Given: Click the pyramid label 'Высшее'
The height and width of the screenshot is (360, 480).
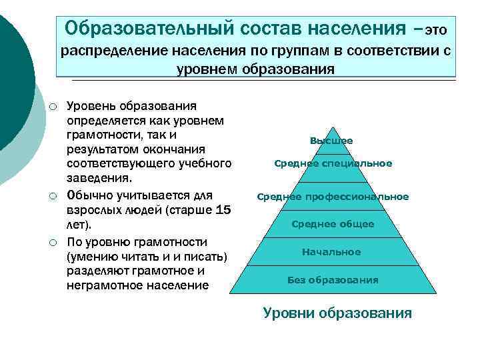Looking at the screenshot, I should click(x=331, y=141).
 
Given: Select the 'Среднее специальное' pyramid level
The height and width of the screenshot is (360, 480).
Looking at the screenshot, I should click(x=333, y=163).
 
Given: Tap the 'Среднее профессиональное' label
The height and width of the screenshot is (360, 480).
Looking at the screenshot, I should click(x=333, y=197).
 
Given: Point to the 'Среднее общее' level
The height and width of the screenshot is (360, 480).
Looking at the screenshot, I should click(x=333, y=224).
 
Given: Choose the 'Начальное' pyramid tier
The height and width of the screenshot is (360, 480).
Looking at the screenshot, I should click(x=331, y=252).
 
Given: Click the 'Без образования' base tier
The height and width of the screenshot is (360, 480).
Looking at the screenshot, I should click(x=333, y=280).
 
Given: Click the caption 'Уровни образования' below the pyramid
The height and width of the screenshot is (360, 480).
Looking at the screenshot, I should click(x=337, y=313).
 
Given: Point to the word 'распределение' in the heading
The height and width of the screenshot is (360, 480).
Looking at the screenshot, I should click(x=115, y=51).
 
